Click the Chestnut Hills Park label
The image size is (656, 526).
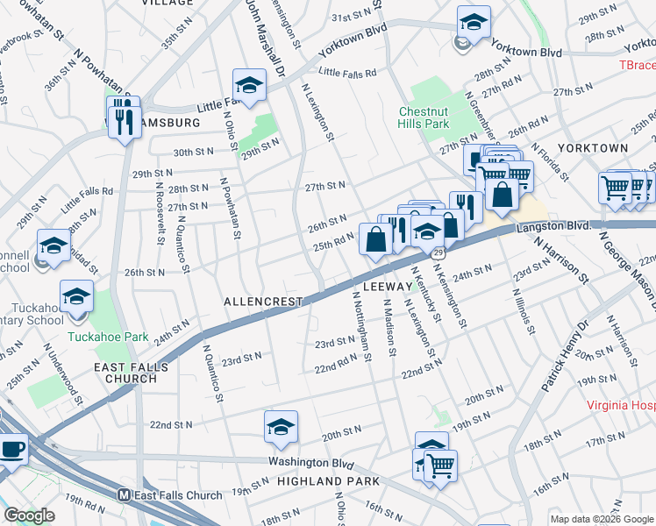(424, 117)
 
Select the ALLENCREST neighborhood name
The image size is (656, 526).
(263, 302)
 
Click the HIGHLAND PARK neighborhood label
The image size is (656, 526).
(328, 481)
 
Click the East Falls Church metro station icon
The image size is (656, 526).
(125, 495)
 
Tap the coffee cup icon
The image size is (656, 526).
(12, 449)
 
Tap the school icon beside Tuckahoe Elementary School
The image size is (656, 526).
(76, 298)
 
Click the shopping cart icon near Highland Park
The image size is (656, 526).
(440, 464)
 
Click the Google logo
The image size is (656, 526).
(30, 515)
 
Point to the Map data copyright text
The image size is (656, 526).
(601, 519)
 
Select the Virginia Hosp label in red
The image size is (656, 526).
(621, 407)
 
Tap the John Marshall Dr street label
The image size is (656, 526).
(253, 25)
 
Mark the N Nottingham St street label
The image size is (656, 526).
(363, 325)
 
